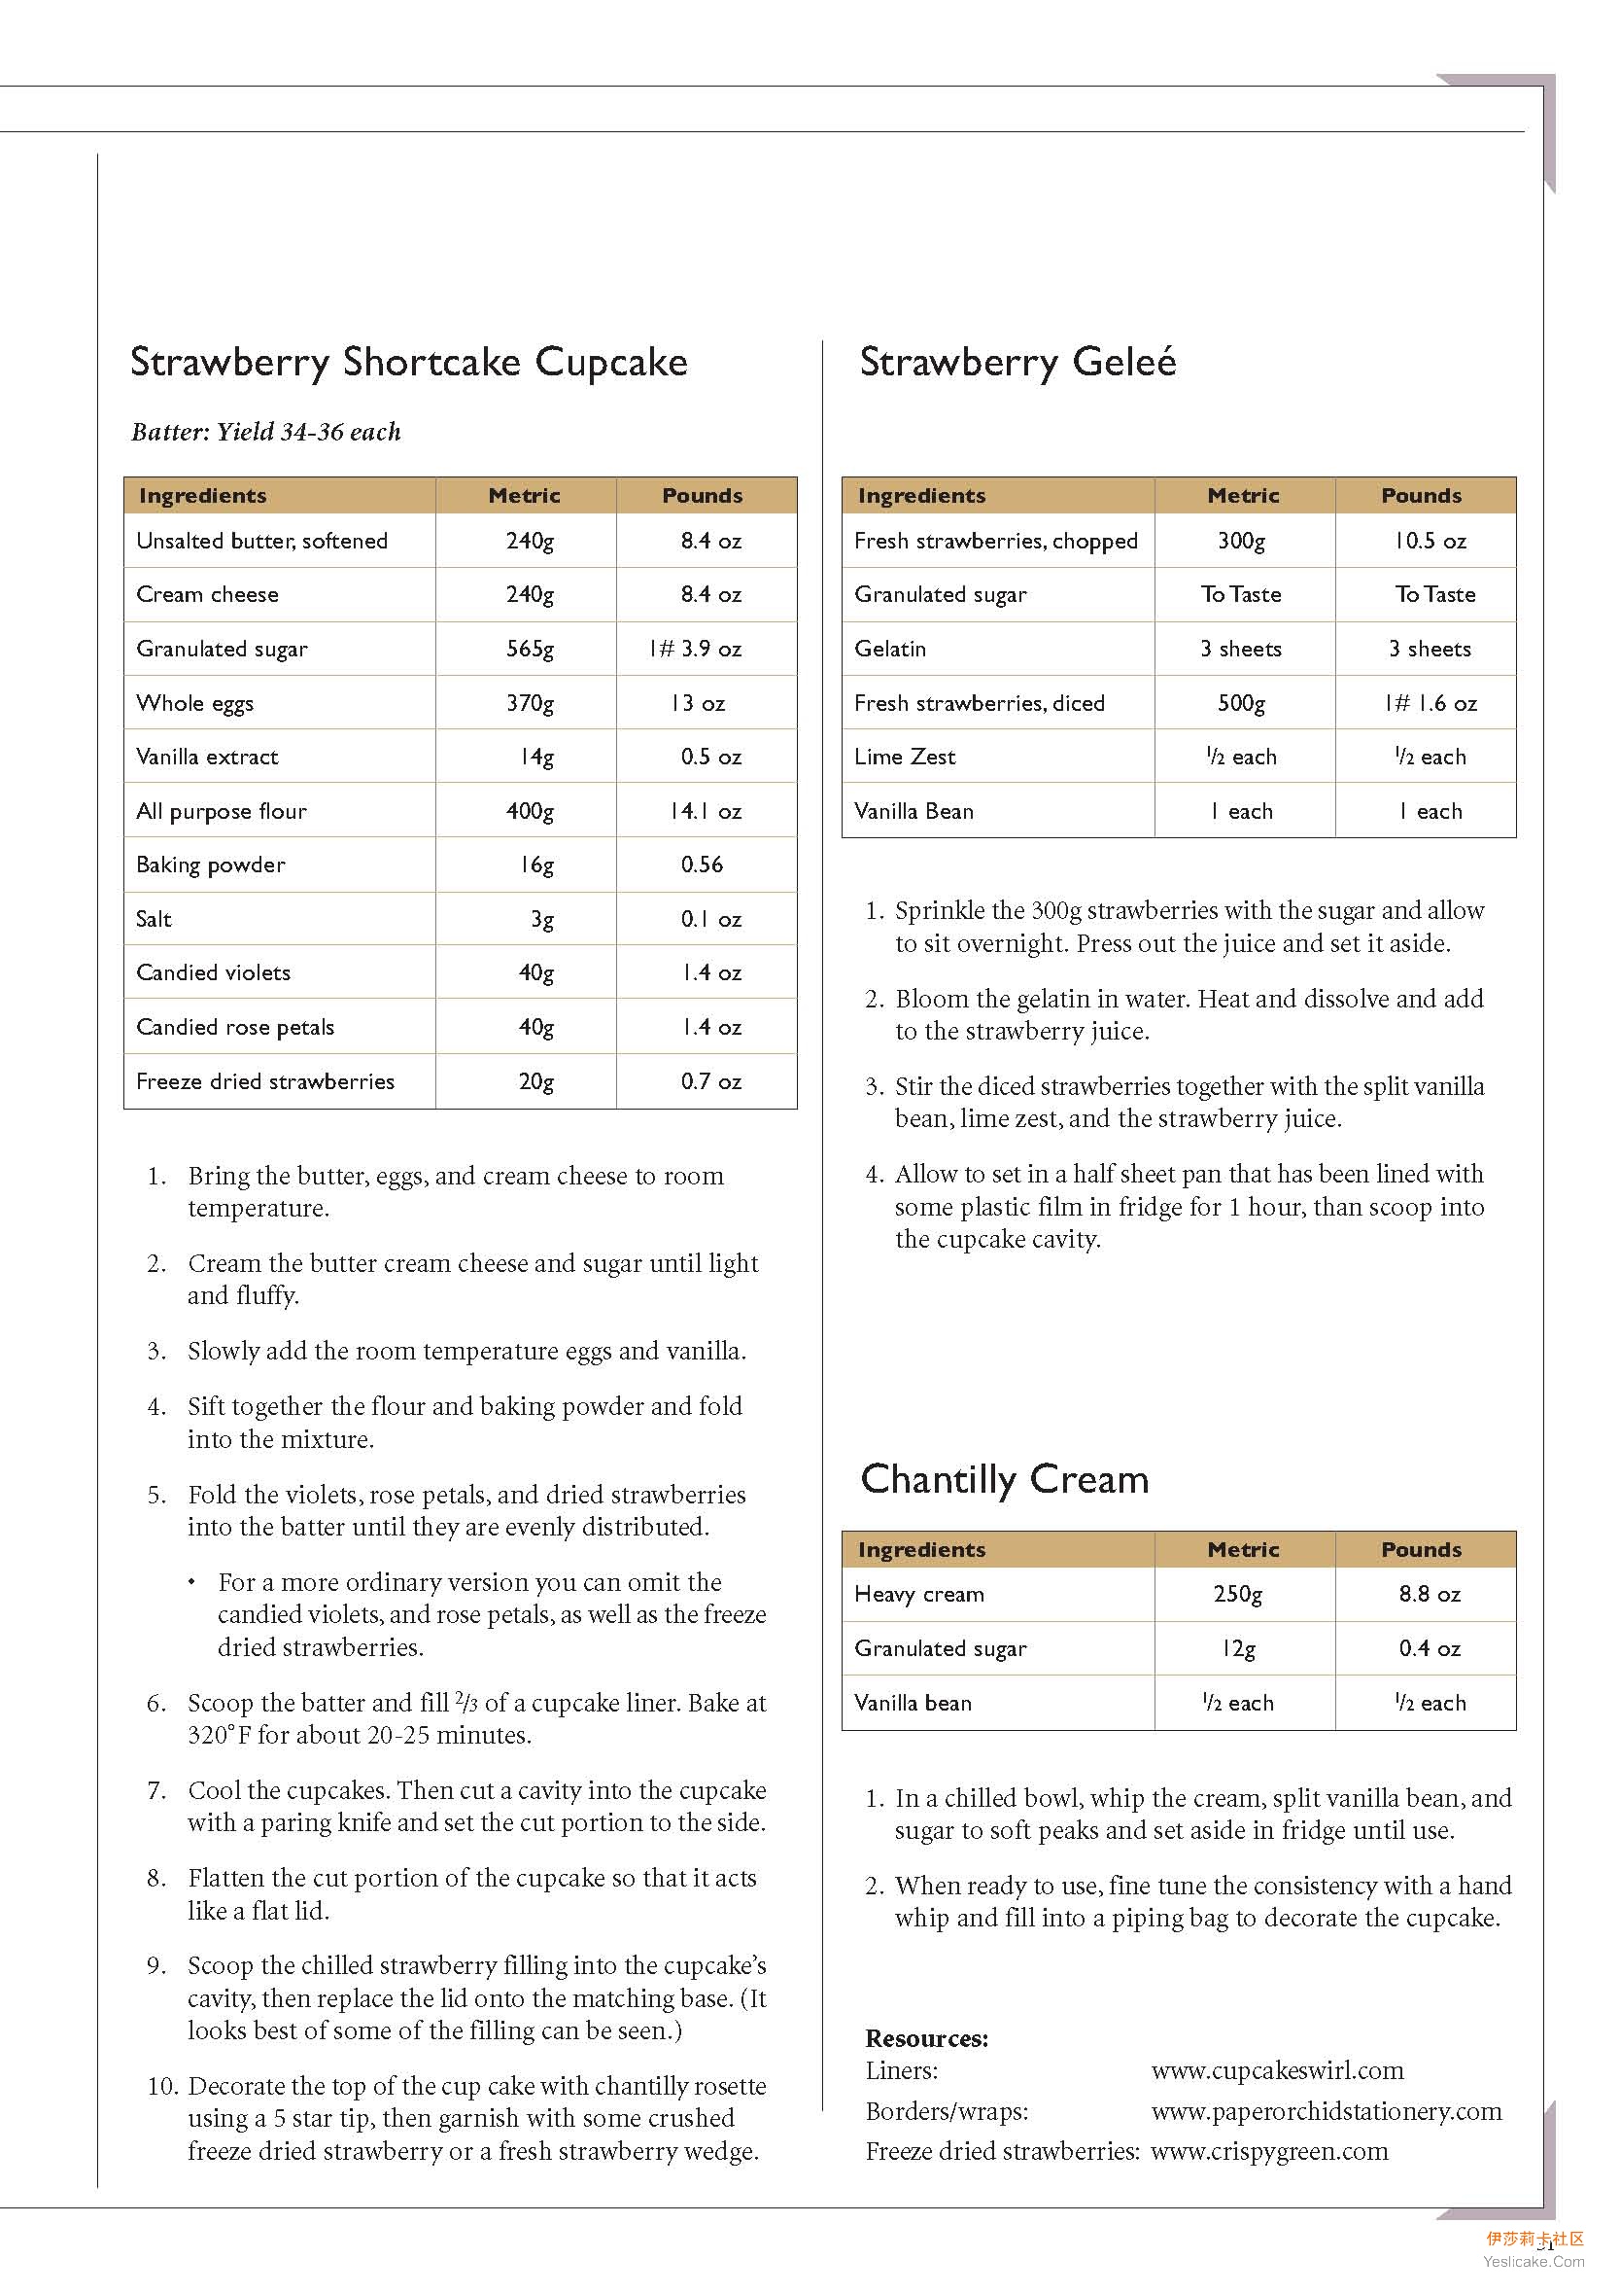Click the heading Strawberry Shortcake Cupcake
pyautogui.click(x=408, y=362)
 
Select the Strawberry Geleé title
pyautogui.click(x=1017, y=362)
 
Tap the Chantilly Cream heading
pyautogui.click(x=1004, y=1479)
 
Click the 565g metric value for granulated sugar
pyautogui.click(x=530, y=649)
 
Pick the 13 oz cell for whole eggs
pyautogui.click(x=698, y=703)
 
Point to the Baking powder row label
pyautogui.click(x=211, y=865)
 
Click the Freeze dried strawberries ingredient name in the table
pyautogui.click(x=264, y=1081)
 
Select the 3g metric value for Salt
pyautogui.click(x=541, y=919)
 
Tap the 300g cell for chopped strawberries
pyautogui.click(x=1240, y=541)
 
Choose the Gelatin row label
pyautogui.click(x=890, y=649)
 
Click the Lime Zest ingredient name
pyautogui.click(x=905, y=757)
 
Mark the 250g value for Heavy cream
pyautogui.click(x=1237, y=1594)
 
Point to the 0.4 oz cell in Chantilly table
pyautogui.click(x=1430, y=1648)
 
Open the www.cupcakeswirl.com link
pyautogui.click(x=1277, y=2070)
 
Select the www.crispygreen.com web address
pyautogui.click(x=1269, y=2151)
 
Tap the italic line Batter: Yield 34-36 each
pyautogui.click(x=265, y=432)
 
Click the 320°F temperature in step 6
pyautogui.click(x=220, y=1735)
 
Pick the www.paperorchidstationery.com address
pyautogui.click(x=1327, y=2111)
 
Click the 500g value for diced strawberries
pyautogui.click(x=1240, y=703)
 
